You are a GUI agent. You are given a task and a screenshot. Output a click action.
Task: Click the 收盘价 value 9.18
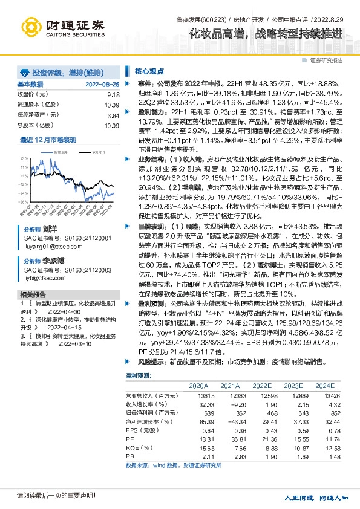(x=114, y=95)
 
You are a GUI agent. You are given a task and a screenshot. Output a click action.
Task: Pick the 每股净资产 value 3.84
(x=114, y=115)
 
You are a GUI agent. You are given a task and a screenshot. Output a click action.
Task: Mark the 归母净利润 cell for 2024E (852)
(x=325, y=412)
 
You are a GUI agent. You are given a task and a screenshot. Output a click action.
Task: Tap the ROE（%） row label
(x=137, y=447)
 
